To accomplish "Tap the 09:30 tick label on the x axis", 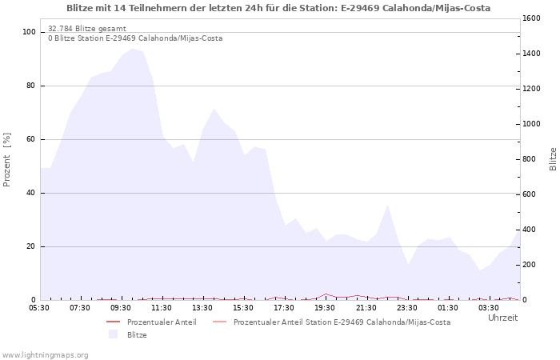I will pyautogui.click(x=121, y=308).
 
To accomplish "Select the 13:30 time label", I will pyautogui.click(x=202, y=308).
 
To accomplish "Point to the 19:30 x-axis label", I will pyautogui.click(x=325, y=308).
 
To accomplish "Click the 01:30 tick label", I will pyautogui.click(x=447, y=308).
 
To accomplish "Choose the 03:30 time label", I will pyautogui.click(x=488, y=308).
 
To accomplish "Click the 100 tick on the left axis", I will pyautogui.click(x=30, y=32).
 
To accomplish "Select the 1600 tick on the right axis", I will pyautogui.click(x=533, y=18).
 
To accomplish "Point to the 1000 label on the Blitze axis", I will pyautogui.click(x=533, y=124).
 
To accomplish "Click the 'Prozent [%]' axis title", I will pyautogui.click(x=8, y=160).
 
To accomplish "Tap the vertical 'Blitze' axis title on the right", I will pyautogui.click(x=553, y=158).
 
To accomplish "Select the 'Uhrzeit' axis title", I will pyautogui.click(x=502, y=318).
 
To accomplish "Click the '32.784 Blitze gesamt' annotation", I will pyautogui.click(x=87, y=29).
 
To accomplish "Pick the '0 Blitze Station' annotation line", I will pyautogui.click(x=135, y=38).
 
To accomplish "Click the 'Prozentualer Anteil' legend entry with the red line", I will pyautogui.click(x=161, y=322).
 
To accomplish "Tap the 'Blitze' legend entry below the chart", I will pyautogui.click(x=137, y=335).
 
